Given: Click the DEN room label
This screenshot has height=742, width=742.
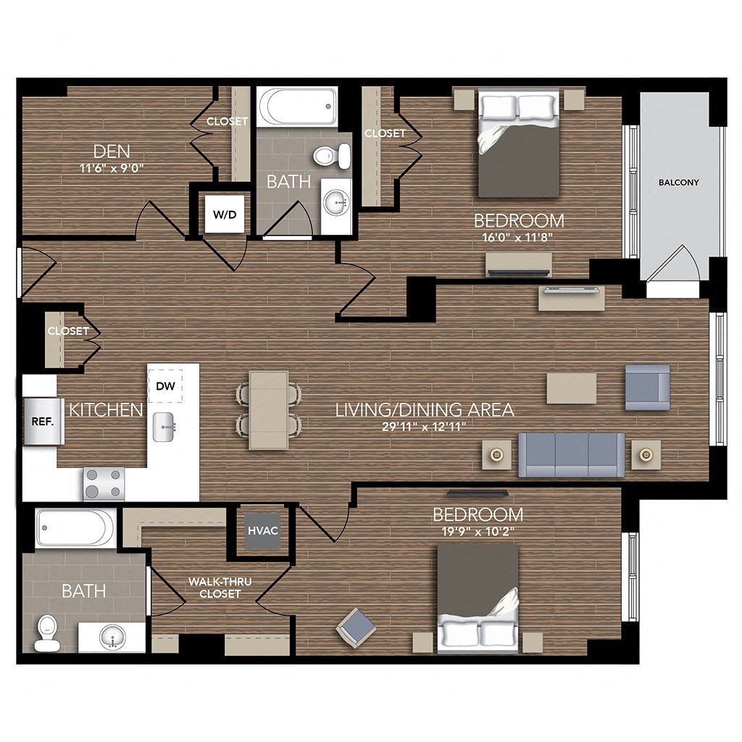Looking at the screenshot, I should click(x=112, y=151).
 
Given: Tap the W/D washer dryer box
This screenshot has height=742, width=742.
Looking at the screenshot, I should click(x=224, y=214).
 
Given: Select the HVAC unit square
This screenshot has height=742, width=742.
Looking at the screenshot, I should click(x=262, y=530).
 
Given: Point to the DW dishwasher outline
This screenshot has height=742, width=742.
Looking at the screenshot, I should click(x=165, y=385).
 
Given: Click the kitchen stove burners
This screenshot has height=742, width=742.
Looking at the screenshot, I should click(x=104, y=484).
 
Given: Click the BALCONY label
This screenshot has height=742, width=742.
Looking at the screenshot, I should click(x=679, y=183).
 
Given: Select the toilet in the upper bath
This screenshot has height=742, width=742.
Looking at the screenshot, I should click(x=334, y=154).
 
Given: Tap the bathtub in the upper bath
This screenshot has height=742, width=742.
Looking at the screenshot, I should click(x=298, y=107).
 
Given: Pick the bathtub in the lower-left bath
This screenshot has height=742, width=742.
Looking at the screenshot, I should click(x=75, y=528).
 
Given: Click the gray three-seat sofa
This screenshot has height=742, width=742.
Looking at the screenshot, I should click(x=571, y=455).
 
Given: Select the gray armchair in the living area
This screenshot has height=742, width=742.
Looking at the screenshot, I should click(x=647, y=388).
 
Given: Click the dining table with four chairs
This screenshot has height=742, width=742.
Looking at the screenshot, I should click(x=268, y=409).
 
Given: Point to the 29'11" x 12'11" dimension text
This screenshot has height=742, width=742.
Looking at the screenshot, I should click(x=424, y=427).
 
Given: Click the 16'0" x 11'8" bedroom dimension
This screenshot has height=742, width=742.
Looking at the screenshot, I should click(x=518, y=236).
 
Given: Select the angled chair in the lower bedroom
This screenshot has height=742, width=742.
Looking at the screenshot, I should click(x=357, y=627).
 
